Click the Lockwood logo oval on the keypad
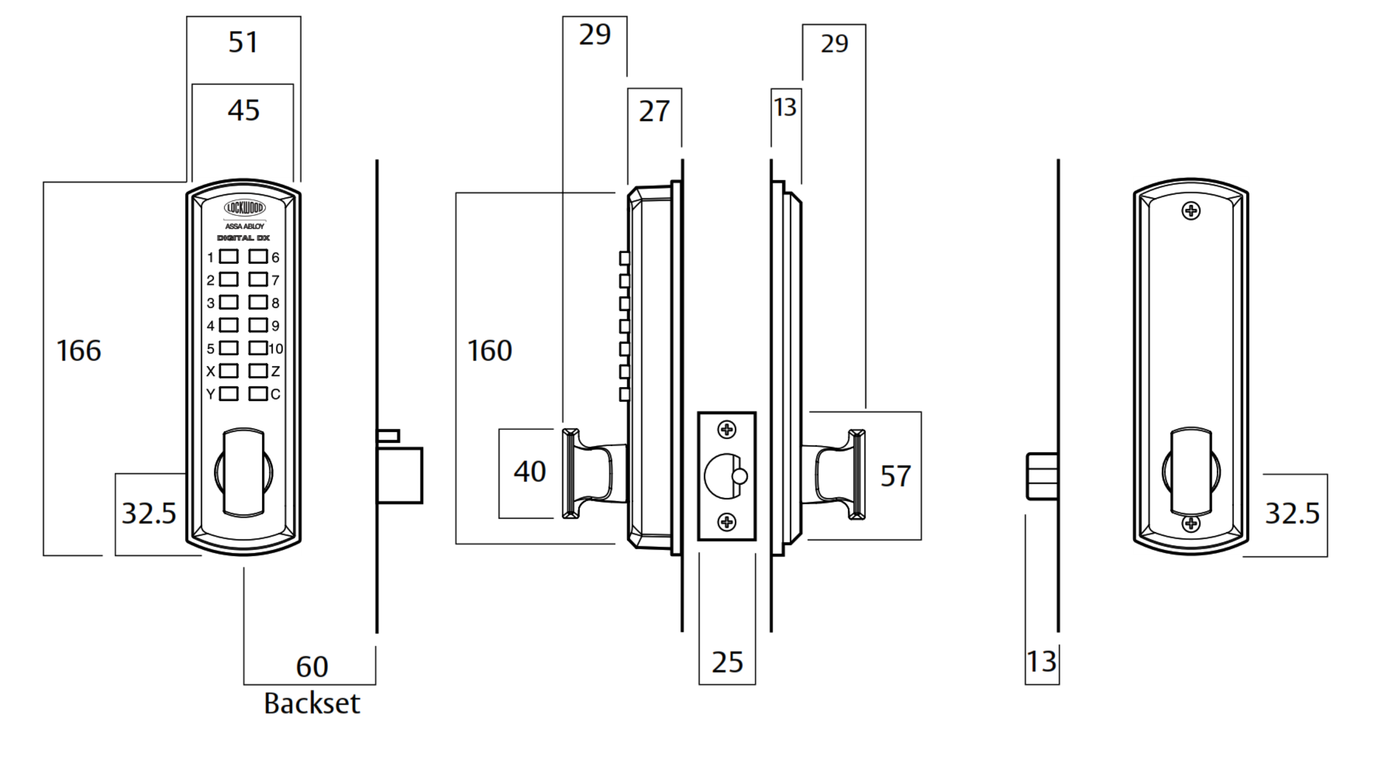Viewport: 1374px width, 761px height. coord(244,208)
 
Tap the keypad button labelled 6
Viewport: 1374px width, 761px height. coord(258,257)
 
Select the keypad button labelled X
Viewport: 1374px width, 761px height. coord(229,371)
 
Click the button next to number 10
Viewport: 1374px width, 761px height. coord(258,348)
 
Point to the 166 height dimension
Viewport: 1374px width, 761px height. coord(79,351)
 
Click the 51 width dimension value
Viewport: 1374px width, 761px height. coord(243,42)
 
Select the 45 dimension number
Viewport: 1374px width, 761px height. coord(243,111)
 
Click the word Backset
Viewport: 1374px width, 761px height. coord(311,703)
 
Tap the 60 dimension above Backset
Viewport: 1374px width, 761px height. coord(312,666)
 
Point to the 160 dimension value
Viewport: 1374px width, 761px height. coord(489,351)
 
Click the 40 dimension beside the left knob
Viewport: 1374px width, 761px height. coord(529,472)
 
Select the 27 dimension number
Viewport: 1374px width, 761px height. coord(654,112)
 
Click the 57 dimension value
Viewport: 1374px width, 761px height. coord(895,476)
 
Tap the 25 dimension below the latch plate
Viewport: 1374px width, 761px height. coord(727,662)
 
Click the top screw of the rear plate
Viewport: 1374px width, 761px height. coord(1191,211)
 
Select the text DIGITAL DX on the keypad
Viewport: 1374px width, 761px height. coord(243,238)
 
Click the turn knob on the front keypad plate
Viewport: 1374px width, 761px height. coord(243,472)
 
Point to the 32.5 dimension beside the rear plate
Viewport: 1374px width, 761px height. coord(1292,514)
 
